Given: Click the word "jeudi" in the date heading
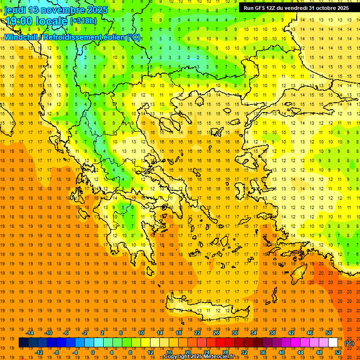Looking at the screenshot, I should pos(15,10).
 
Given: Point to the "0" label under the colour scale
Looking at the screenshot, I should pos(93,352).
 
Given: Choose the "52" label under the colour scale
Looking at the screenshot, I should pos(337,352).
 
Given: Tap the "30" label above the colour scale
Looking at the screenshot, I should pos(234,333).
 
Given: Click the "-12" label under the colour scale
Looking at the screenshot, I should pos(38,352).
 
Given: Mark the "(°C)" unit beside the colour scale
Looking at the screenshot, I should pos(349,343).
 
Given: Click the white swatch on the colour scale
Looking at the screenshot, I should pos(333,343).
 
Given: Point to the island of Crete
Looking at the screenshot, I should pos(206,309).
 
